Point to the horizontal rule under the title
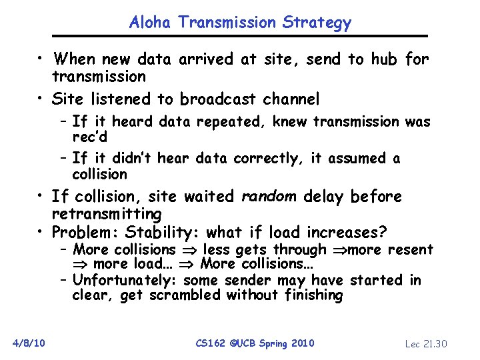pyautogui.click(x=240, y=36)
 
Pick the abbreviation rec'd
pyautogui.click(x=90, y=136)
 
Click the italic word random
pyautogui.click(x=269, y=196)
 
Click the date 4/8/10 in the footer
pyautogui.click(x=28, y=343)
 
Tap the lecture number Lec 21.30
pyautogui.click(x=426, y=344)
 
